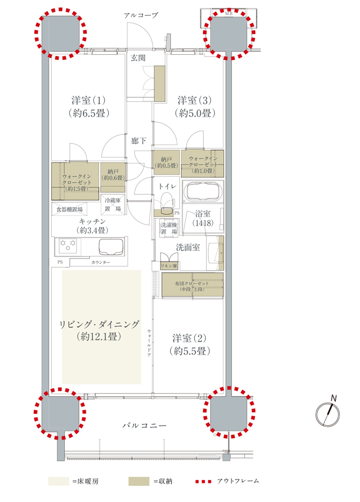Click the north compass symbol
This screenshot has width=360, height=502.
(328, 414)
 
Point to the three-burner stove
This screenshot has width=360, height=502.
(68, 245)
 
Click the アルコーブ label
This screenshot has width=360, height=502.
(141, 15)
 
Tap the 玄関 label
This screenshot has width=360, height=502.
(139, 58)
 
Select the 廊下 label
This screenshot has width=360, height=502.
(139, 141)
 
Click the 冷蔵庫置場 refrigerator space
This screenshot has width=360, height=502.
(113, 205)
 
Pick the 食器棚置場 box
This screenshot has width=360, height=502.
(69, 209)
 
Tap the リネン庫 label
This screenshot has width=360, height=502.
(169, 266)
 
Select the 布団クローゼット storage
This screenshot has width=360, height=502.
(192, 285)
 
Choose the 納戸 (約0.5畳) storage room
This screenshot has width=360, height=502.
(166, 163)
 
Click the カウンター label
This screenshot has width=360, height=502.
(100, 262)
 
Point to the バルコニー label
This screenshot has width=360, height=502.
(145, 426)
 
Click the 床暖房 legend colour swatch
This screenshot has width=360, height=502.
(59, 481)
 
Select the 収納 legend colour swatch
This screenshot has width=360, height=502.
(139, 481)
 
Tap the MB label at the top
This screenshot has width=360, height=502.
(228, 14)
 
